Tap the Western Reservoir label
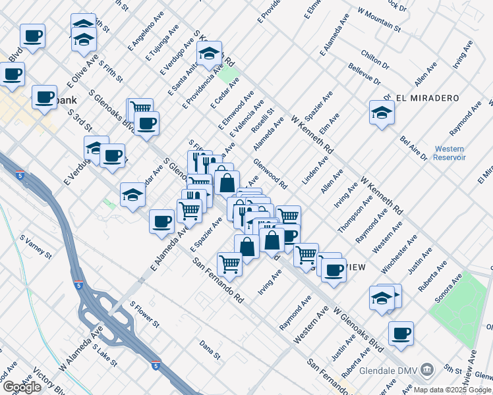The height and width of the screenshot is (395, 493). click(x=450, y=153)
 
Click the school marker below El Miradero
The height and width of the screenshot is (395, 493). click(x=382, y=113)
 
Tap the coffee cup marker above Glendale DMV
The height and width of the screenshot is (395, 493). click(x=401, y=334)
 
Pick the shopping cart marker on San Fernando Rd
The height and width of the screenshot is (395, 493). click(x=229, y=263)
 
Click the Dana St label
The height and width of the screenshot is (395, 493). click(x=210, y=349)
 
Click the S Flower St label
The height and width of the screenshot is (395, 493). click(x=144, y=315)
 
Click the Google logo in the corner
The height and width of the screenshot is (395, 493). click(x=22, y=387)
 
